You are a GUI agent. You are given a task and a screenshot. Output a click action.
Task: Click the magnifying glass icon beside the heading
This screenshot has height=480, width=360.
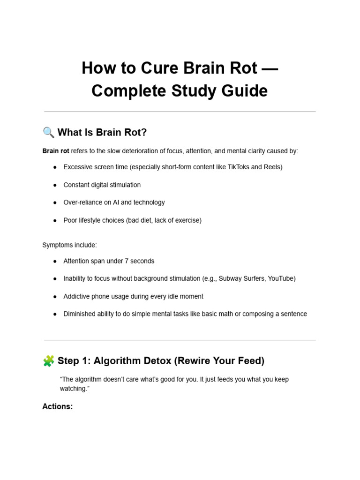point(48,133)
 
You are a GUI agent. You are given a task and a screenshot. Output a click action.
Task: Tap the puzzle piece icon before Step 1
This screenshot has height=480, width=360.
point(48,361)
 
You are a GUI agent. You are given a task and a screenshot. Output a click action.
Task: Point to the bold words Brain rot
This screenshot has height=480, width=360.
point(56,151)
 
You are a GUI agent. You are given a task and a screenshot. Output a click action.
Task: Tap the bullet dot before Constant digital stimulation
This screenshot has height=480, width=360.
point(55,185)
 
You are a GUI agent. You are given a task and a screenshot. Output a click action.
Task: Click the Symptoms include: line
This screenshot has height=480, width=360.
point(69,245)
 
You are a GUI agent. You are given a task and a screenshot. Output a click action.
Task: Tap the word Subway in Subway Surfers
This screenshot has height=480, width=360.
point(228,278)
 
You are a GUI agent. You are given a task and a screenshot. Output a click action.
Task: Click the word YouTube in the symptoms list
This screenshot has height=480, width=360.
point(281,278)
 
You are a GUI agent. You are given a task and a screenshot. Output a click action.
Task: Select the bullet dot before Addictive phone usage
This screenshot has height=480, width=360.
point(55,297)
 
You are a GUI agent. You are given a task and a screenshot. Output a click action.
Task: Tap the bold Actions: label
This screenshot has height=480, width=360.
point(57,407)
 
